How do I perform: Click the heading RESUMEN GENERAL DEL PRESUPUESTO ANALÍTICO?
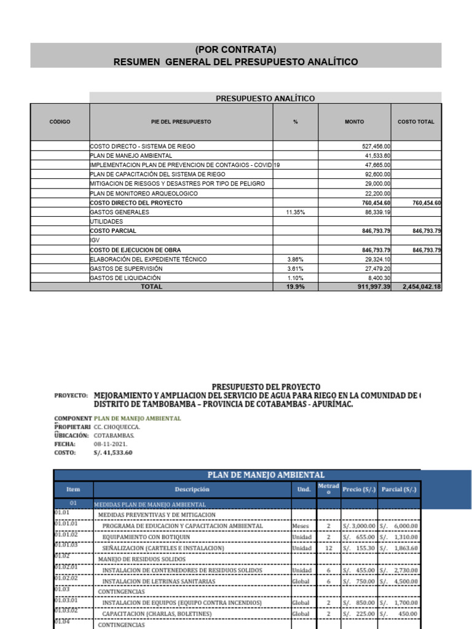[x=236, y=62]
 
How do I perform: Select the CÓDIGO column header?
[x=60, y=122]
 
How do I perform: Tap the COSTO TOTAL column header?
[x=415, y=122]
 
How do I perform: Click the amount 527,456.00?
[x=374, y=146]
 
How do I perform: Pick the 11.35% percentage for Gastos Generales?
[x=295, y=212]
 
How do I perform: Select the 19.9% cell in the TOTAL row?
[x=295, y=287]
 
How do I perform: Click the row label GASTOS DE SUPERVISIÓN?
[x=126, y=268]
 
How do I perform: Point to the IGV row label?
[x=95, y=240]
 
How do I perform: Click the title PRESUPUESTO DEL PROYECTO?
[x=266, y=386]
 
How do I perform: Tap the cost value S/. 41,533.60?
[x=112, y=453]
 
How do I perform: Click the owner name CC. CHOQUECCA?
[x=117, y=426]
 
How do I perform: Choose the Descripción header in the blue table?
[x=192, y=490]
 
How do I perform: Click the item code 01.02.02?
[x=66, y=579]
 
